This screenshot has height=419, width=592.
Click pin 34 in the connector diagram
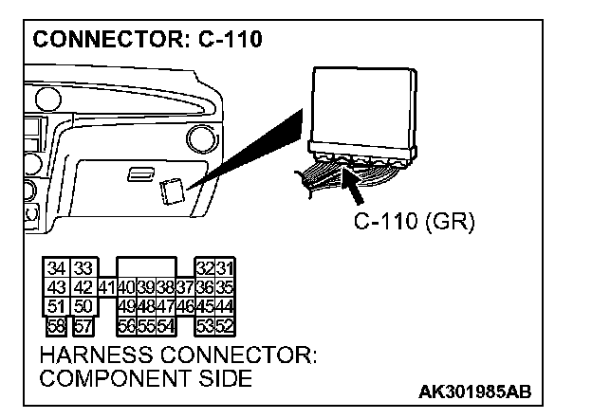[58, 268]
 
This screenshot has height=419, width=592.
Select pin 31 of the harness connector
[225, 268]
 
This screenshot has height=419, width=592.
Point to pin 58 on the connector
[58, 325]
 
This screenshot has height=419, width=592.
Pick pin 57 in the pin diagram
[83, 325]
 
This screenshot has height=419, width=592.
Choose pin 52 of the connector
[225, 325]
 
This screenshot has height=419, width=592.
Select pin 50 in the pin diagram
[83, 306]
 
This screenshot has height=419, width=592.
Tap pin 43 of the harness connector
[58, 287]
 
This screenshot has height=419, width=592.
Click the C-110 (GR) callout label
[414, 222]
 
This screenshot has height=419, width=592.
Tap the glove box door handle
[140, 173]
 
